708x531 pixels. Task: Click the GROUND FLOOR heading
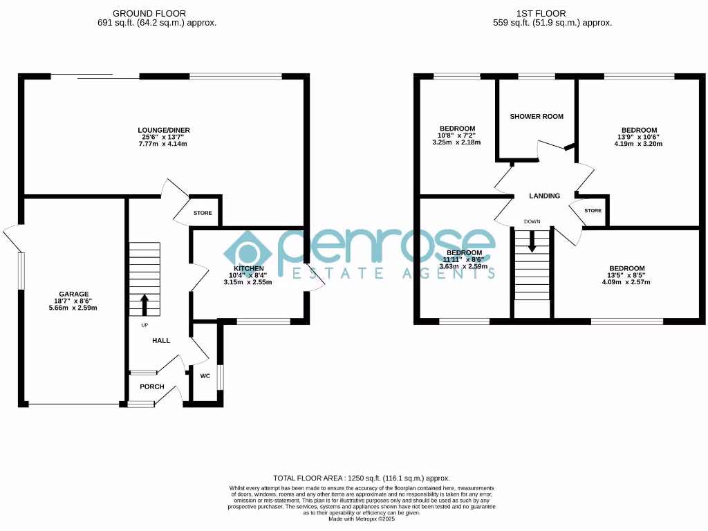click(x=149, y=13)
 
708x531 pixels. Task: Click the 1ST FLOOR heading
click(x=541, y=13)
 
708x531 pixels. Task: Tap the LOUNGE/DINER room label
click(x=163, y=130)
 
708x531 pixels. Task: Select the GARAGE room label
click(x=73, y=294)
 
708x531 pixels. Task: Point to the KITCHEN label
click(x=248, y=268)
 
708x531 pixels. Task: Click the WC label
click(x=205, y=376)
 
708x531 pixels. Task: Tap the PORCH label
click(x=152, y=386)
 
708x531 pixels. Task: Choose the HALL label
click(x=161, y=340)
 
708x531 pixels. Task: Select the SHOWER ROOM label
click(x=537, y=116)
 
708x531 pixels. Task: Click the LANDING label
click(x=544, y=196)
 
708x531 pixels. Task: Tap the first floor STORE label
click(x=593, y=210)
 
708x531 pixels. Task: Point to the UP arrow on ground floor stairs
click(x=145, y=304)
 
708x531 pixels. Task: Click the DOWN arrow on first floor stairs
click(x=532, y=241)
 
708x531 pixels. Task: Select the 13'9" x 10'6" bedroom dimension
click(x=639, y=137)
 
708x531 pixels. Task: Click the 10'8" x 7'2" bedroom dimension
click(x=457, y=136)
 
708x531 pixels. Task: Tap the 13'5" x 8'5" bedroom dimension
click(x=626, y=275)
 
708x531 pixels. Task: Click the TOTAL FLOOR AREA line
click(x=362, y=478)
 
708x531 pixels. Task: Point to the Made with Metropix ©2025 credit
click(x=362, y=519)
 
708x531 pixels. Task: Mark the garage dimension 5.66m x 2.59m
click(x=73, y=308)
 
